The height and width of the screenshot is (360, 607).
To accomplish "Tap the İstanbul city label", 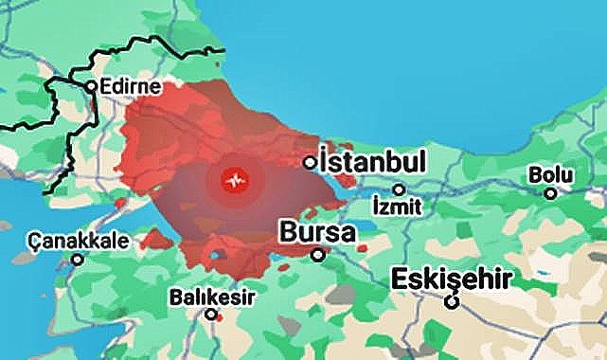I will (x=374, y=160).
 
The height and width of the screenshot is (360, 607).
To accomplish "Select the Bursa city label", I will (x=317, y=231).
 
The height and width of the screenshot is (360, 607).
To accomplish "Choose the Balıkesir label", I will (x=212, y=297).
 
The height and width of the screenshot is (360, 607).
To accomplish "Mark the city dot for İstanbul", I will (x=310, y=163).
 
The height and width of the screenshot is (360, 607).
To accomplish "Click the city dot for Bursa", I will (x=318, y=254).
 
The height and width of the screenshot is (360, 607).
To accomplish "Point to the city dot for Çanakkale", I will (x=78, y=258).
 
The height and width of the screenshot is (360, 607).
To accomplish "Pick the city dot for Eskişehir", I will (x=453, y=302).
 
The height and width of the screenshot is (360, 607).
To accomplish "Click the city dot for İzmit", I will (x=399, y=189).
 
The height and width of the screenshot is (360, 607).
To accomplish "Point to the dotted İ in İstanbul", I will (x=324, y=159).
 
